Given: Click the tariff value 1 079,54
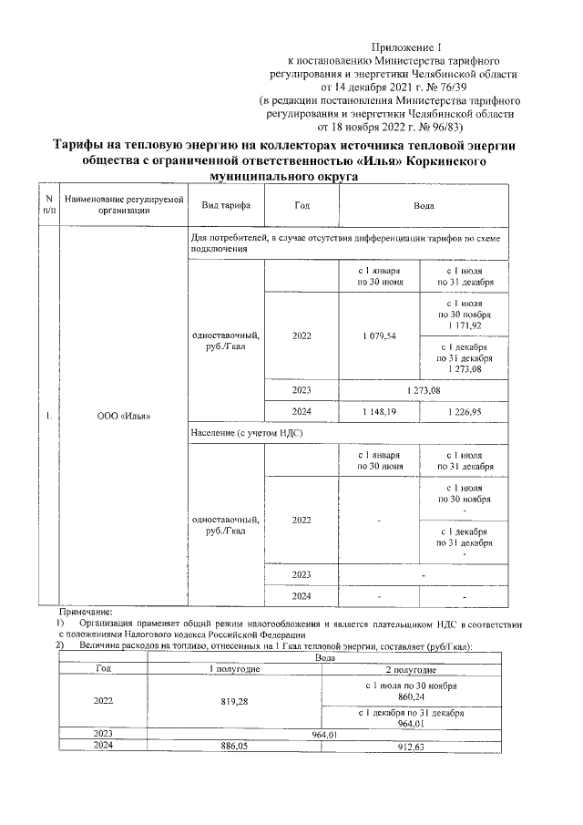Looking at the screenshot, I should point(379,335).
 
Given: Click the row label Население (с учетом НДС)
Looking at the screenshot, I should point(240,434).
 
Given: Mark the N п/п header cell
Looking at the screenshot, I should point(46,205).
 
